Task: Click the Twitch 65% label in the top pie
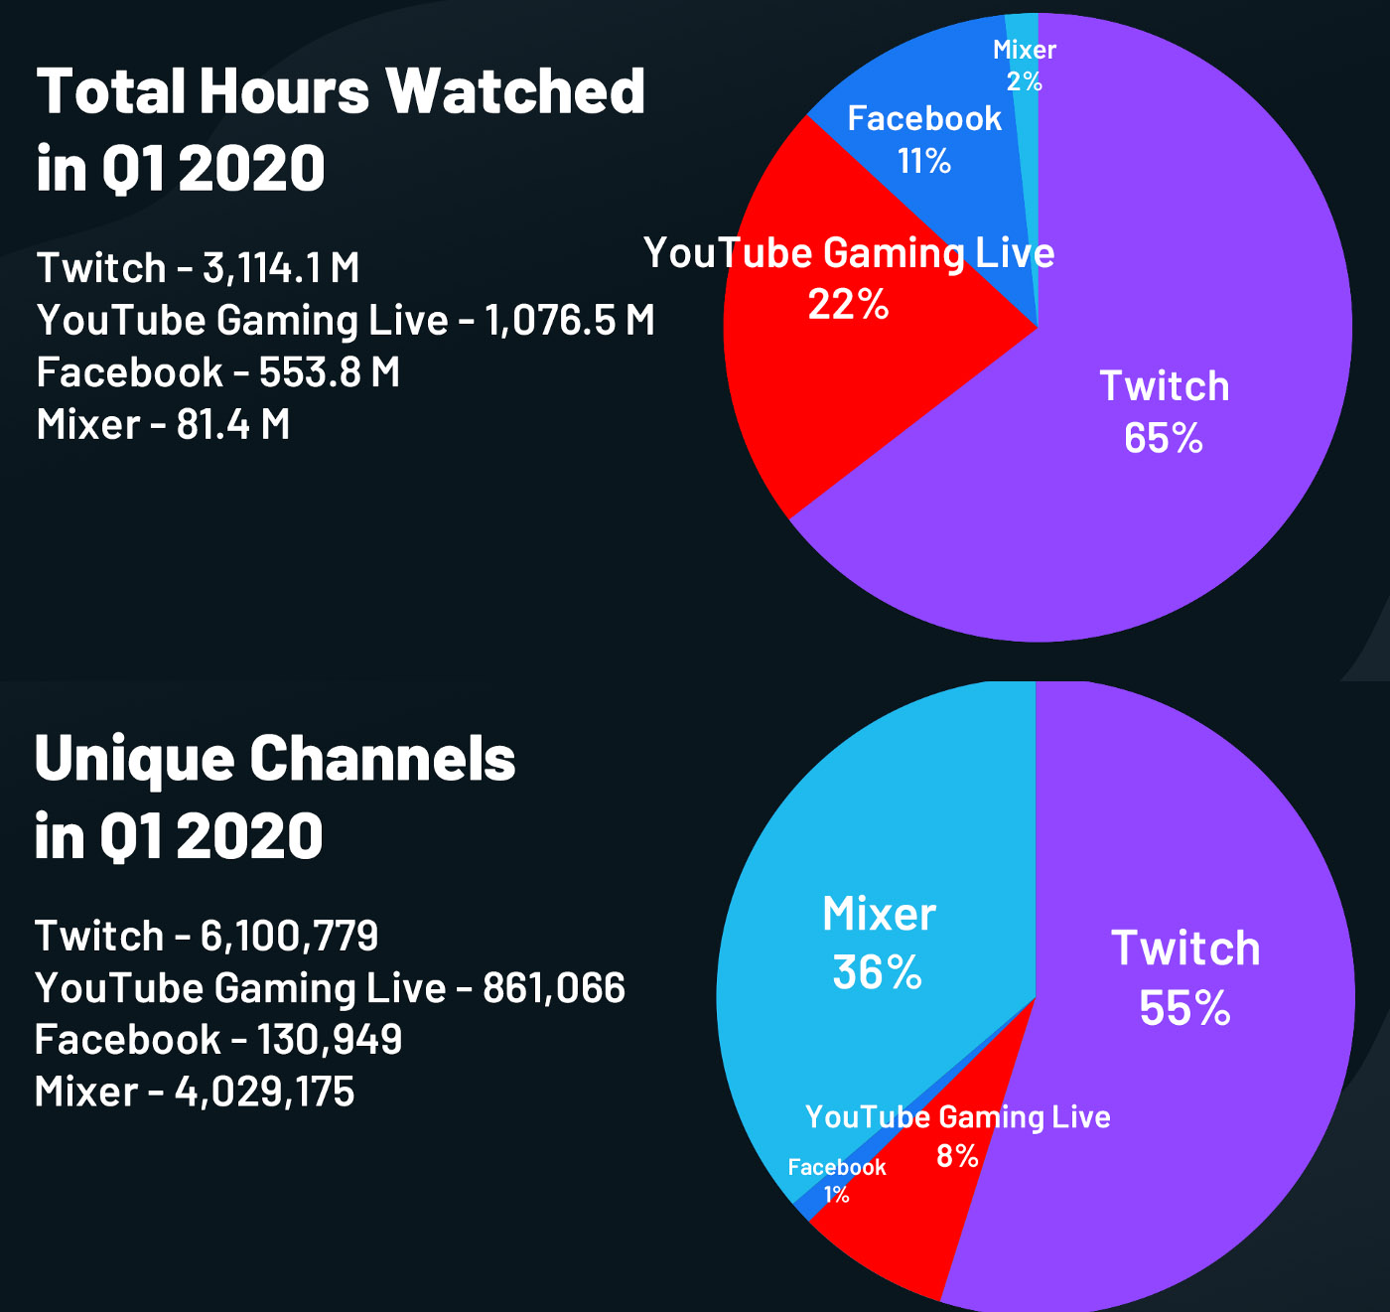(1164, 412)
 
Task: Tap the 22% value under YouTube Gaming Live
(848, 305)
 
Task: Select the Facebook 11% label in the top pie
(924, 139)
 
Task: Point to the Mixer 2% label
(1025, 66)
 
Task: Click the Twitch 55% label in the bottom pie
(1185, 978)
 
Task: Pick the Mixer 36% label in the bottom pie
(879, 943)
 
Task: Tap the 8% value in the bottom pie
(957, 1156)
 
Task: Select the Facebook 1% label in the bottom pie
(837, 1180)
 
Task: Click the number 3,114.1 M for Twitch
(281, 268)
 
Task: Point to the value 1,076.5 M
(569, 321)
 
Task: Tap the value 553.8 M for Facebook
(329, 372)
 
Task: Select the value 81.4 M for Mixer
(233, 425)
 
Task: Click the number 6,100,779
(289, 936)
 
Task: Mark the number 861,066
(554, 988)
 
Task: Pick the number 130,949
(329, 1040)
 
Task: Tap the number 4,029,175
(264, 1092)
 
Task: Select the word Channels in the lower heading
(382, 759)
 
